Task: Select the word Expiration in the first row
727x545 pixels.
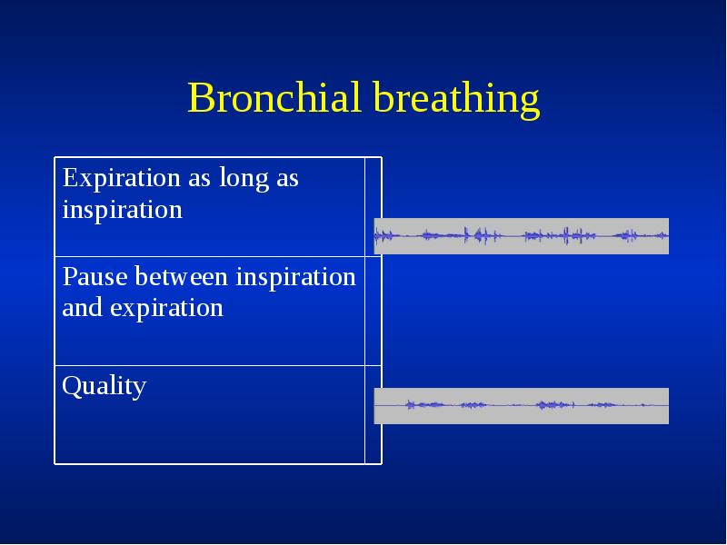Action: [x=122, y=179]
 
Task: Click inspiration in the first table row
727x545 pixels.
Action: [x=122, y=211]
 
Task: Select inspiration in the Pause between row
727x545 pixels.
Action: [x=295, y=276]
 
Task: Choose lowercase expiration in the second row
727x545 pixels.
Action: [x=166, y=308]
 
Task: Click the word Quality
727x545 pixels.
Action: [x=104, y=387]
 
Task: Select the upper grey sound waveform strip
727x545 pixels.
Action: [x=521, y=236]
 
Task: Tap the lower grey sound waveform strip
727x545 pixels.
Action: [x=521, y=405]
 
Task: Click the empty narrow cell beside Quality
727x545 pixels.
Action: [x=373, y=415]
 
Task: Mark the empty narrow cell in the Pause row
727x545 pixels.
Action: [x=373, y=312]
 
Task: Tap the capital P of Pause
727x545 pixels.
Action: [x=68, y=276]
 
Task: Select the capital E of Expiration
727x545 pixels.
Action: [x=69, y=178]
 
